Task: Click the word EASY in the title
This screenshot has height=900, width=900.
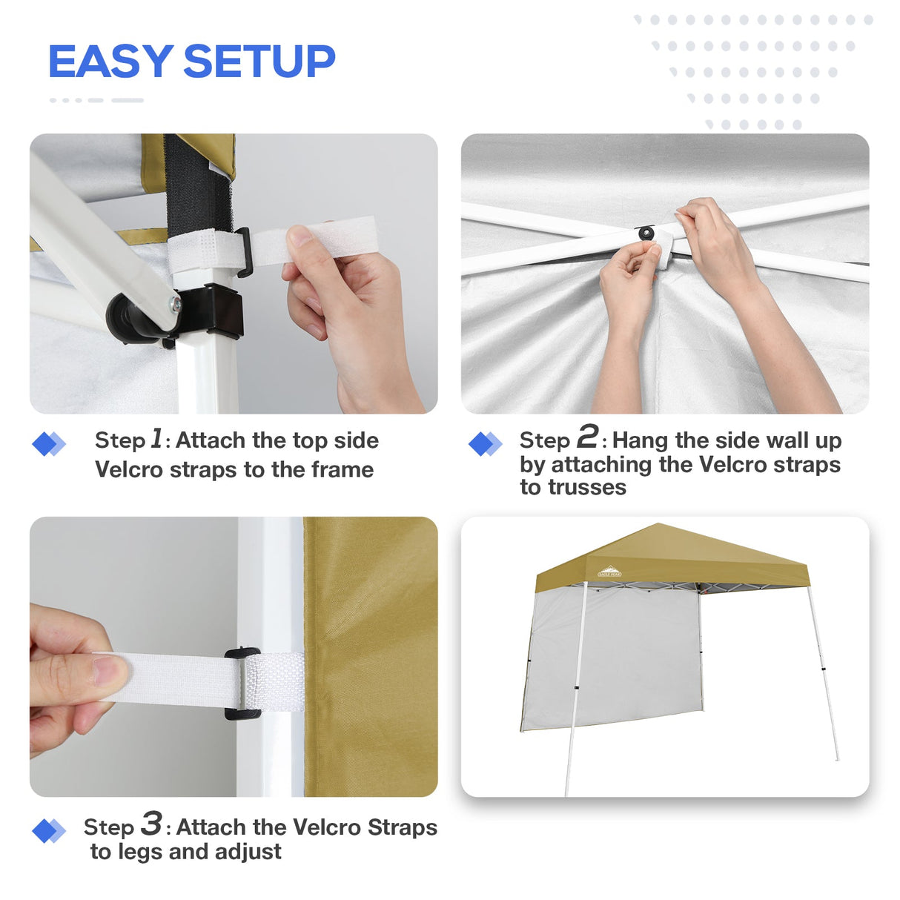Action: coord(110,62)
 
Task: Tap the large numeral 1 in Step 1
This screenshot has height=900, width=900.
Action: coord(156,438)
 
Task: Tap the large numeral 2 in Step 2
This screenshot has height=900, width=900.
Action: coord(587,437)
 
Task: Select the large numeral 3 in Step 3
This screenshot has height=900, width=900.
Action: coord(151,824)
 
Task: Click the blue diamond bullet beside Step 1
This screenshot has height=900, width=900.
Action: coord(49,444)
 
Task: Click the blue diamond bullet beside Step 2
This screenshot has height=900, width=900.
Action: coord(486,444)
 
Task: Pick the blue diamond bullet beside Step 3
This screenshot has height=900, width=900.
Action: coord(49,831)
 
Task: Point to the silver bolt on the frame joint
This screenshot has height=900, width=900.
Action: coord(174,303)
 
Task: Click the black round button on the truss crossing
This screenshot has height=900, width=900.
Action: coord(646,234)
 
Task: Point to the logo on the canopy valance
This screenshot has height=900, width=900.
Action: coord(609,571)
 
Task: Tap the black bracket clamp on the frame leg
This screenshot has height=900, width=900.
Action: coord(215,311)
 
